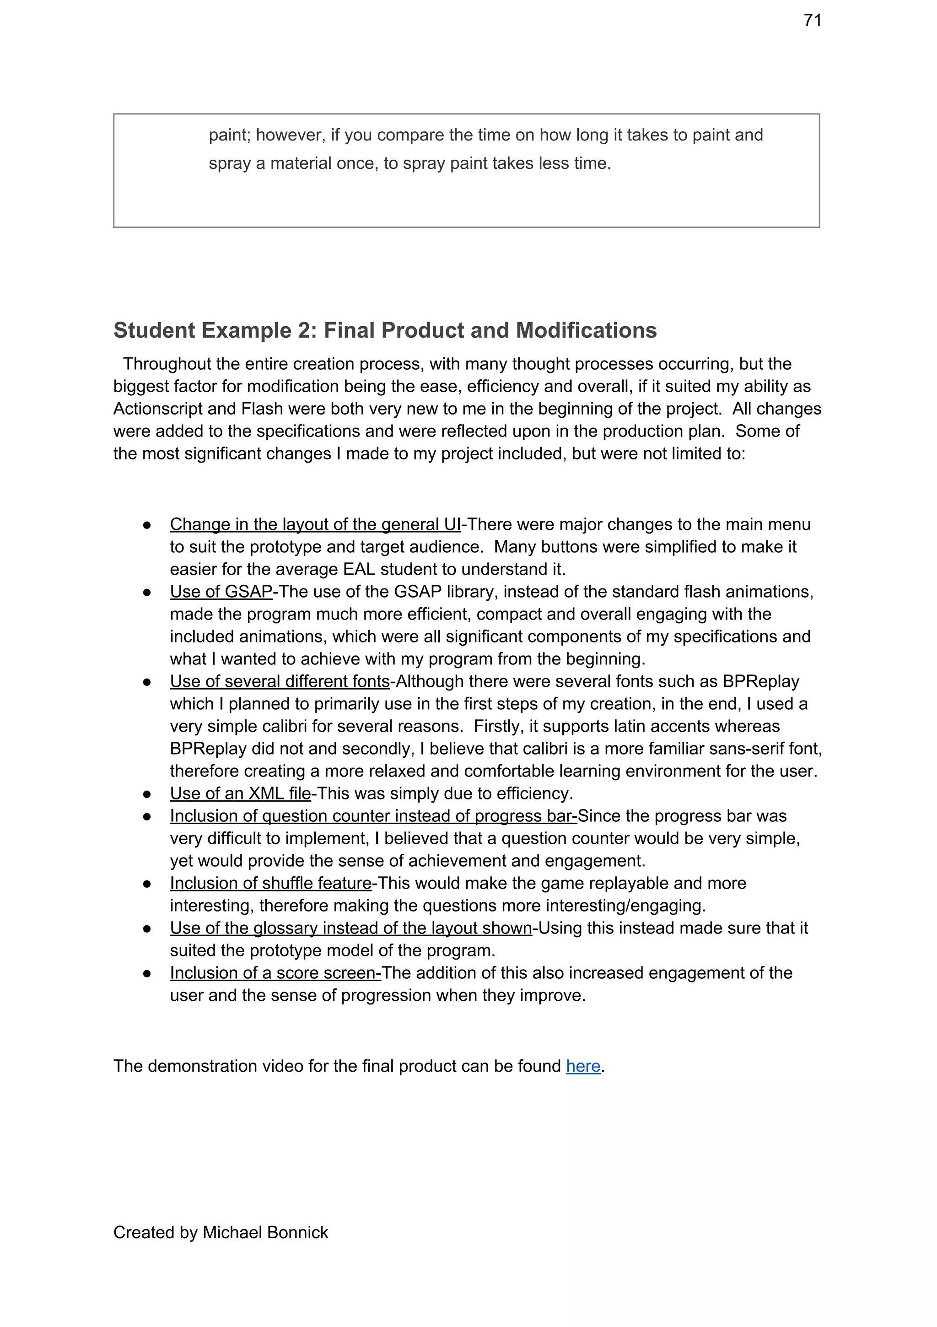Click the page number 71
tap(812, 20)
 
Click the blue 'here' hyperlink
tap(583, 1066)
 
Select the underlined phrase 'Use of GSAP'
tap(221, 591)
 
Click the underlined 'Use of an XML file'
tap(241, 793)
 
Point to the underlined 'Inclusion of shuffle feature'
tap(270, 883)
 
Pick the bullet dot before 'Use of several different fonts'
tap(147, 682)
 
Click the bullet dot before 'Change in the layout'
tap(147, 525)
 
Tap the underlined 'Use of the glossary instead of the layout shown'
tap(350, 928)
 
